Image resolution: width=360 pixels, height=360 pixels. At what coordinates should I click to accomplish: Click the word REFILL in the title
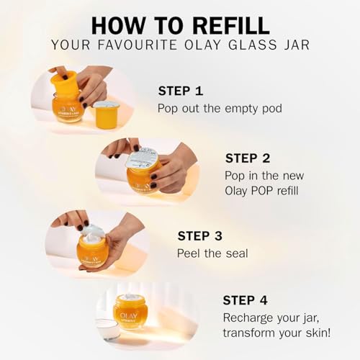(231, 25)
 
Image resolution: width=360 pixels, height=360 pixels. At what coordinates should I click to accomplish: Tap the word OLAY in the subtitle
(202, 45)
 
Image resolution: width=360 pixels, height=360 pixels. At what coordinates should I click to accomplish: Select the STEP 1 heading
(181, 91)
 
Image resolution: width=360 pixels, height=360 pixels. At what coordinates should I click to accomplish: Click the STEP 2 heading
(248, 158)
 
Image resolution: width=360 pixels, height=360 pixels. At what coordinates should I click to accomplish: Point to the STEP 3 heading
(200, 236)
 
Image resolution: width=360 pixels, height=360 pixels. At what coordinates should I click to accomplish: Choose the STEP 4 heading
(245, 300)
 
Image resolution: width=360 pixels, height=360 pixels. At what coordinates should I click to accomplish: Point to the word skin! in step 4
(318, 333)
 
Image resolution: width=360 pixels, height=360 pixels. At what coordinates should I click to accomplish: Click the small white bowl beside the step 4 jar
(107, 328)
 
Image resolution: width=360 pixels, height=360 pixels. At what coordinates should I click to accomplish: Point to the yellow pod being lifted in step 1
(63, 81)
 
